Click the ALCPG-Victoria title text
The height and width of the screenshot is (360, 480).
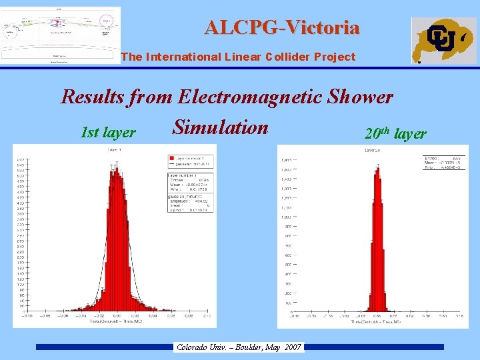(x=282, y=27)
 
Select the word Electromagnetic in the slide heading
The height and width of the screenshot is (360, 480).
(x=251, y=97)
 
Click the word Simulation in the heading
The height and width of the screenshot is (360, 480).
(x=220, y=127)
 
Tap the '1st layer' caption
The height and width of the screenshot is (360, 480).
(x=108, y=133)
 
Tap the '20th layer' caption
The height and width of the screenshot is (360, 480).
(x=395, y=133)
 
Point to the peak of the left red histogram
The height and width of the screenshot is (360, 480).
(x=116, y=171)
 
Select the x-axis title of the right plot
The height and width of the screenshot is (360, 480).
(x=377, y=323)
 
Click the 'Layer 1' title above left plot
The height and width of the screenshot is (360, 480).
(x=115, y=151)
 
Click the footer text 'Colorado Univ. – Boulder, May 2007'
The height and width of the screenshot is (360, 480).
(x=238, y=347)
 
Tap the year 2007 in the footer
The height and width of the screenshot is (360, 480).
(x=292, y=347)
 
